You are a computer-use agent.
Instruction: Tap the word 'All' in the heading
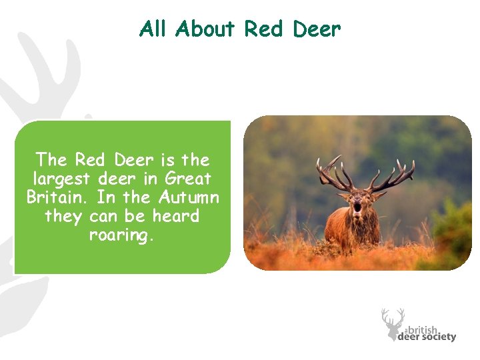(x=153, y=29)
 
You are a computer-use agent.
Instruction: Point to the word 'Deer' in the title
(x=316, y=29)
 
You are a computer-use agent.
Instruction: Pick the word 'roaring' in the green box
(x=121, y=235)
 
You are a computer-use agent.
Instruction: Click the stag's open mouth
(x=357, y=207)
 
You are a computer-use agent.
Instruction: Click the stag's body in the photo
(x=347, y=230)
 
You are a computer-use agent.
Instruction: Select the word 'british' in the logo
(x=423, y=329)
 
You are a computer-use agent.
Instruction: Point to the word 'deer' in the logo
(x=408, y=337)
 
